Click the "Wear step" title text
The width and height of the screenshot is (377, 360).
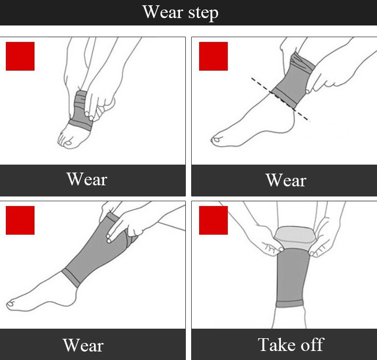(x=181, y=13)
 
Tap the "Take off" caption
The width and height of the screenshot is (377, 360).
(x=291, y=345)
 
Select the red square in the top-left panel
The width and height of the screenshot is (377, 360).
(x=20, y=56)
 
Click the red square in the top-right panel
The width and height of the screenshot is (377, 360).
(x=213, y=56)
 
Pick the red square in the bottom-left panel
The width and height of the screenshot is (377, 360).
(x=20, y=220)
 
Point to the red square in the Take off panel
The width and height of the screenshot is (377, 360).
(x=213, y=220)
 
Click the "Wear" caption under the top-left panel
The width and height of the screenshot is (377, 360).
(x=87, y=179)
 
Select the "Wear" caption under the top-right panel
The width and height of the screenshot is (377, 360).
(x=286, y=180)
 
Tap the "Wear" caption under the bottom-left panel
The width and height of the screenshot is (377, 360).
(x=83, y=345)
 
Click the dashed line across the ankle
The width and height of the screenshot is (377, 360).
(x=280, y=99)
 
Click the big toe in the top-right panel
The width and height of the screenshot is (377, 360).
(x=216, y=140)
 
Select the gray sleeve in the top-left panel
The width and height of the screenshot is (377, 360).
(x=81, y=111)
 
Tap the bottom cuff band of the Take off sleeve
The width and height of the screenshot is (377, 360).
(x=290, y=304)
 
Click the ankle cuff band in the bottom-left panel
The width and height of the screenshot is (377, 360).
(x=71, y=278)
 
